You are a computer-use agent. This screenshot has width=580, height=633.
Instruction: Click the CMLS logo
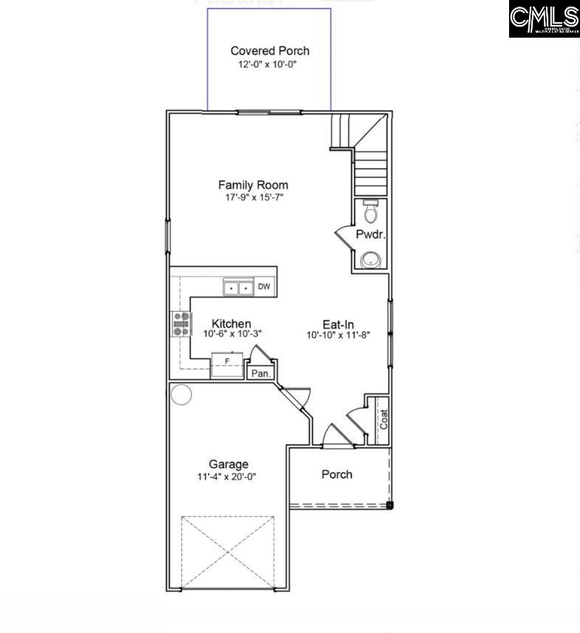coord(544,19)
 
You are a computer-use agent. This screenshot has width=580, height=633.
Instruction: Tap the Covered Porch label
coord(270,51)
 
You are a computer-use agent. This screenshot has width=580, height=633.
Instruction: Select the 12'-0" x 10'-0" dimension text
coord(270,65)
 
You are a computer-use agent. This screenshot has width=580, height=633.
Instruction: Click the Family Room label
coord(253,185)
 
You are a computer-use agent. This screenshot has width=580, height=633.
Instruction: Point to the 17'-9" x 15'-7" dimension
coord(253,198)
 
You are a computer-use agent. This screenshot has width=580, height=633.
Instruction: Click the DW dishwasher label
coord(264,287)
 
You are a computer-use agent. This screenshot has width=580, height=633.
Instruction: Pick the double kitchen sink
coord(238,287)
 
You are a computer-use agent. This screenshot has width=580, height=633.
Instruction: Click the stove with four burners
coord(182,324)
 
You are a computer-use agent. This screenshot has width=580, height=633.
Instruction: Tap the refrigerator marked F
coord(227,364)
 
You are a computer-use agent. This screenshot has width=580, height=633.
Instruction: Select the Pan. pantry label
coord(260,374)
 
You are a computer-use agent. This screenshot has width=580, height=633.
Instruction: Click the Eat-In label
coord(338,324)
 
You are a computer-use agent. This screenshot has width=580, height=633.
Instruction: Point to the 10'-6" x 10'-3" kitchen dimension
coord(232,334)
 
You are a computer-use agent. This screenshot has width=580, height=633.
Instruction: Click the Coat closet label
coord(383,420)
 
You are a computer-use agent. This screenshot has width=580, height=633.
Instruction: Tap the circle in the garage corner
coord(181,394)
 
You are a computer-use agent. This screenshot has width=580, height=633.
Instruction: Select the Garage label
coord(228,464)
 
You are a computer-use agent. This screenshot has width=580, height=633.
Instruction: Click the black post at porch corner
coord(389,506)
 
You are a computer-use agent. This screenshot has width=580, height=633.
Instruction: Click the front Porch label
coord(337,474)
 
